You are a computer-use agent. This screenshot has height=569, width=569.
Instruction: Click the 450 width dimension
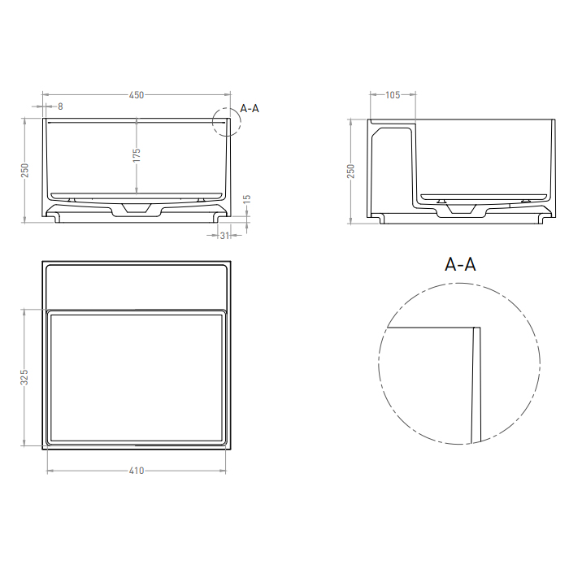point(137,95)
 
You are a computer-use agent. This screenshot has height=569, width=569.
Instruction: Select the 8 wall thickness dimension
point(59,106)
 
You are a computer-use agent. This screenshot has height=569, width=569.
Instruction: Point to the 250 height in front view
point(25,170)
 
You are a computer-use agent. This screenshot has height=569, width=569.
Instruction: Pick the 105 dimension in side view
point(392,95)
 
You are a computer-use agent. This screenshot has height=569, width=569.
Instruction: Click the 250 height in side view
point(351,170)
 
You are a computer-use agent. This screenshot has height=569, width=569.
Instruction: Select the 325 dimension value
point(25,377)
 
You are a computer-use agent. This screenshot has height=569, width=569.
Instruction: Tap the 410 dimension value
point(137,471)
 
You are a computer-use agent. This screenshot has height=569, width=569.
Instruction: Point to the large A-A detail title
point(460,264)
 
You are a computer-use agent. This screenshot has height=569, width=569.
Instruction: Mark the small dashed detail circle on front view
point(226,121)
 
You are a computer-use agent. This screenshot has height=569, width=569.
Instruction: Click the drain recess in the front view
point(137,210)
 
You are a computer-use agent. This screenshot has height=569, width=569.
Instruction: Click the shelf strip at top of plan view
point(137,284)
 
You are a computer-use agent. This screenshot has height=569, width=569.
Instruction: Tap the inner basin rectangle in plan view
point(137,377)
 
